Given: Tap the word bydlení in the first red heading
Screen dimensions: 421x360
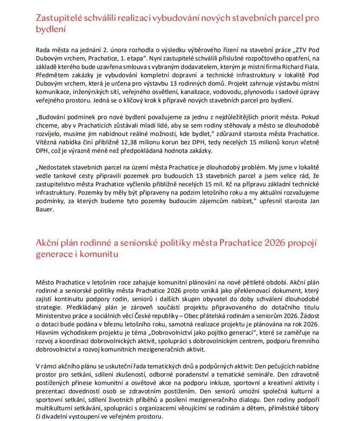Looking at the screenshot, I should [50, 30].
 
